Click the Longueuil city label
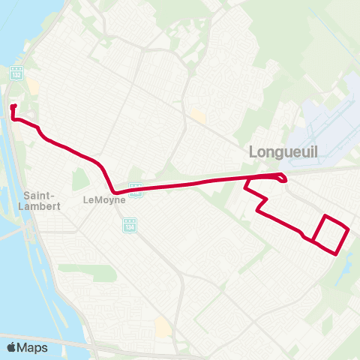point(283,152)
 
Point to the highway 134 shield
point(130,224)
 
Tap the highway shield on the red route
point(136,190)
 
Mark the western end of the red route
point(13,107)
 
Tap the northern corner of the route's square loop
point(325,216)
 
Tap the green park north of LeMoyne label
point(79,178)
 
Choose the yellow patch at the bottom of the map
point(163,327)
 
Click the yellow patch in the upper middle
point(198,115)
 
